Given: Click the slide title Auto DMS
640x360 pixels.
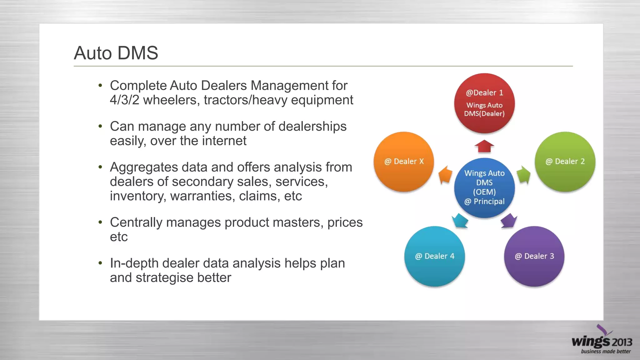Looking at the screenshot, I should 116,53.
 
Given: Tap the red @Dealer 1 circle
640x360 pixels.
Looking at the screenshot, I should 484,103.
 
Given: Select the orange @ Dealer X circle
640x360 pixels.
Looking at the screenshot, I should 404,162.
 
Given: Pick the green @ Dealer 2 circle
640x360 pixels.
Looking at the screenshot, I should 565,162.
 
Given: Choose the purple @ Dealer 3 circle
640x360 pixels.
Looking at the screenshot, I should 534,256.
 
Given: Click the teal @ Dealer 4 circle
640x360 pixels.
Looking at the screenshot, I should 434,256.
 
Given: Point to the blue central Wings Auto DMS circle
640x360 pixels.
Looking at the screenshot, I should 484,187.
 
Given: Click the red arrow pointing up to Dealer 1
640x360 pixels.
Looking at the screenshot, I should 484,146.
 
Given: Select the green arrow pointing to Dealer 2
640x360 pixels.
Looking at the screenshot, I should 523,174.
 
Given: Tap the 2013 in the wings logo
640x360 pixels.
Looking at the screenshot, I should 622,342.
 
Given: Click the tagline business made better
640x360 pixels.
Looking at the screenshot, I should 606,352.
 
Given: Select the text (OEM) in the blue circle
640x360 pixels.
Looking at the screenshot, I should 484,192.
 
